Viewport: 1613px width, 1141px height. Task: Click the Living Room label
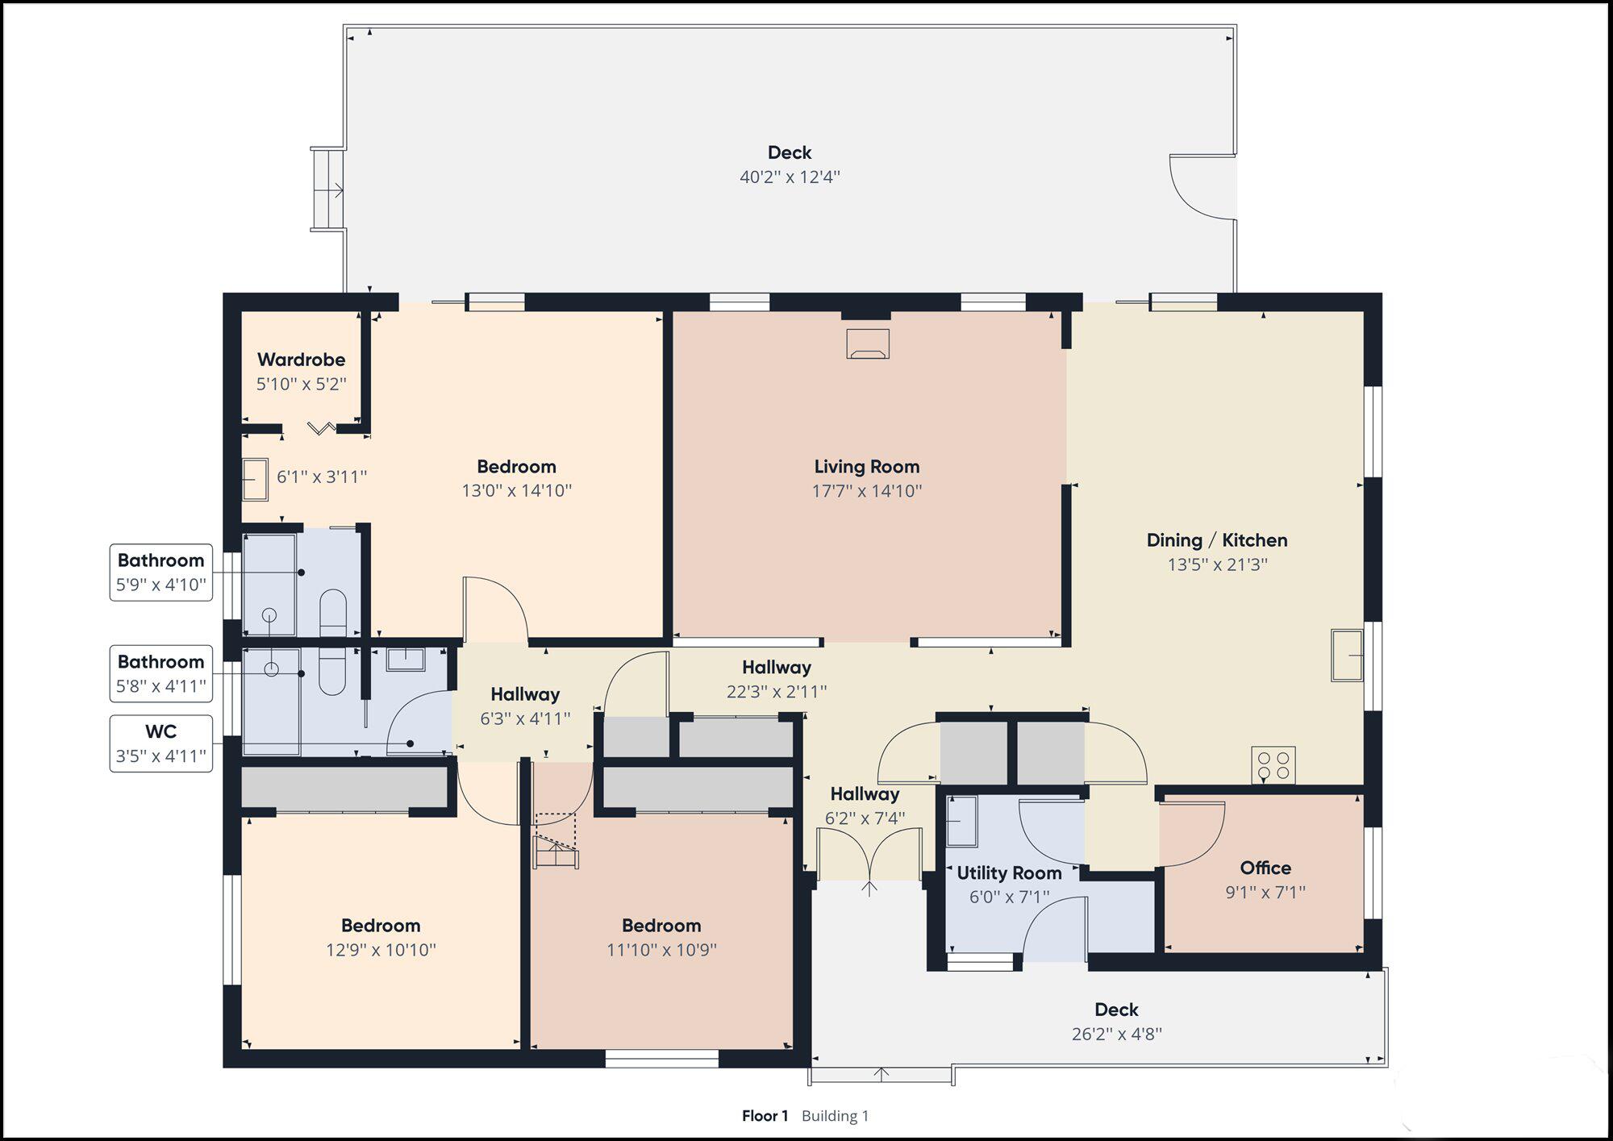coord(866,466)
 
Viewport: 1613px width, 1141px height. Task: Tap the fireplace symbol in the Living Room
coord(868,343)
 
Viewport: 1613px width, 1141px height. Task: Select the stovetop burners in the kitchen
coord(1273,765)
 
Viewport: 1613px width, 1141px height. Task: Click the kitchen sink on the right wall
coord(1347,655)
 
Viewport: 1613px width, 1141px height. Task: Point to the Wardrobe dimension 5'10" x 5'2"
coord(302,384)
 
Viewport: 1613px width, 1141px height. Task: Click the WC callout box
coord(161,743)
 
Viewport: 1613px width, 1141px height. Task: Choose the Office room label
coord(1265,868)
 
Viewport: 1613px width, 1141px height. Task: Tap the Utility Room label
coord(1009,872)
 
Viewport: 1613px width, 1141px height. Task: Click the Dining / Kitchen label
coord(1217,540)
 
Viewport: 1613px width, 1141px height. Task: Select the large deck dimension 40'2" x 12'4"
coord(790,177)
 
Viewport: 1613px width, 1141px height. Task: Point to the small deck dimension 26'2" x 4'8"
coord(1116,1034)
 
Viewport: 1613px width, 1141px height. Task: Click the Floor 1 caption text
coord(765,1116)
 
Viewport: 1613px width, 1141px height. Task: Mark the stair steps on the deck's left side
coord(328,190)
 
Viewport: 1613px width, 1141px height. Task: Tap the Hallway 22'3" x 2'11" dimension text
coord(776,692)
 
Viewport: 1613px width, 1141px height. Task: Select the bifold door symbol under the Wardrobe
coord(322,427)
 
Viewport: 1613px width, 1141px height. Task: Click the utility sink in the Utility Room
coord(961,821)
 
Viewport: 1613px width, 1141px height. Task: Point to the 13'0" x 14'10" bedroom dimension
coord(516,490)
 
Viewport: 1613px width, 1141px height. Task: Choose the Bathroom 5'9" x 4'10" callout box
coord(161,573)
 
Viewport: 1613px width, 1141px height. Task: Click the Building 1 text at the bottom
coord(835,1116)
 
